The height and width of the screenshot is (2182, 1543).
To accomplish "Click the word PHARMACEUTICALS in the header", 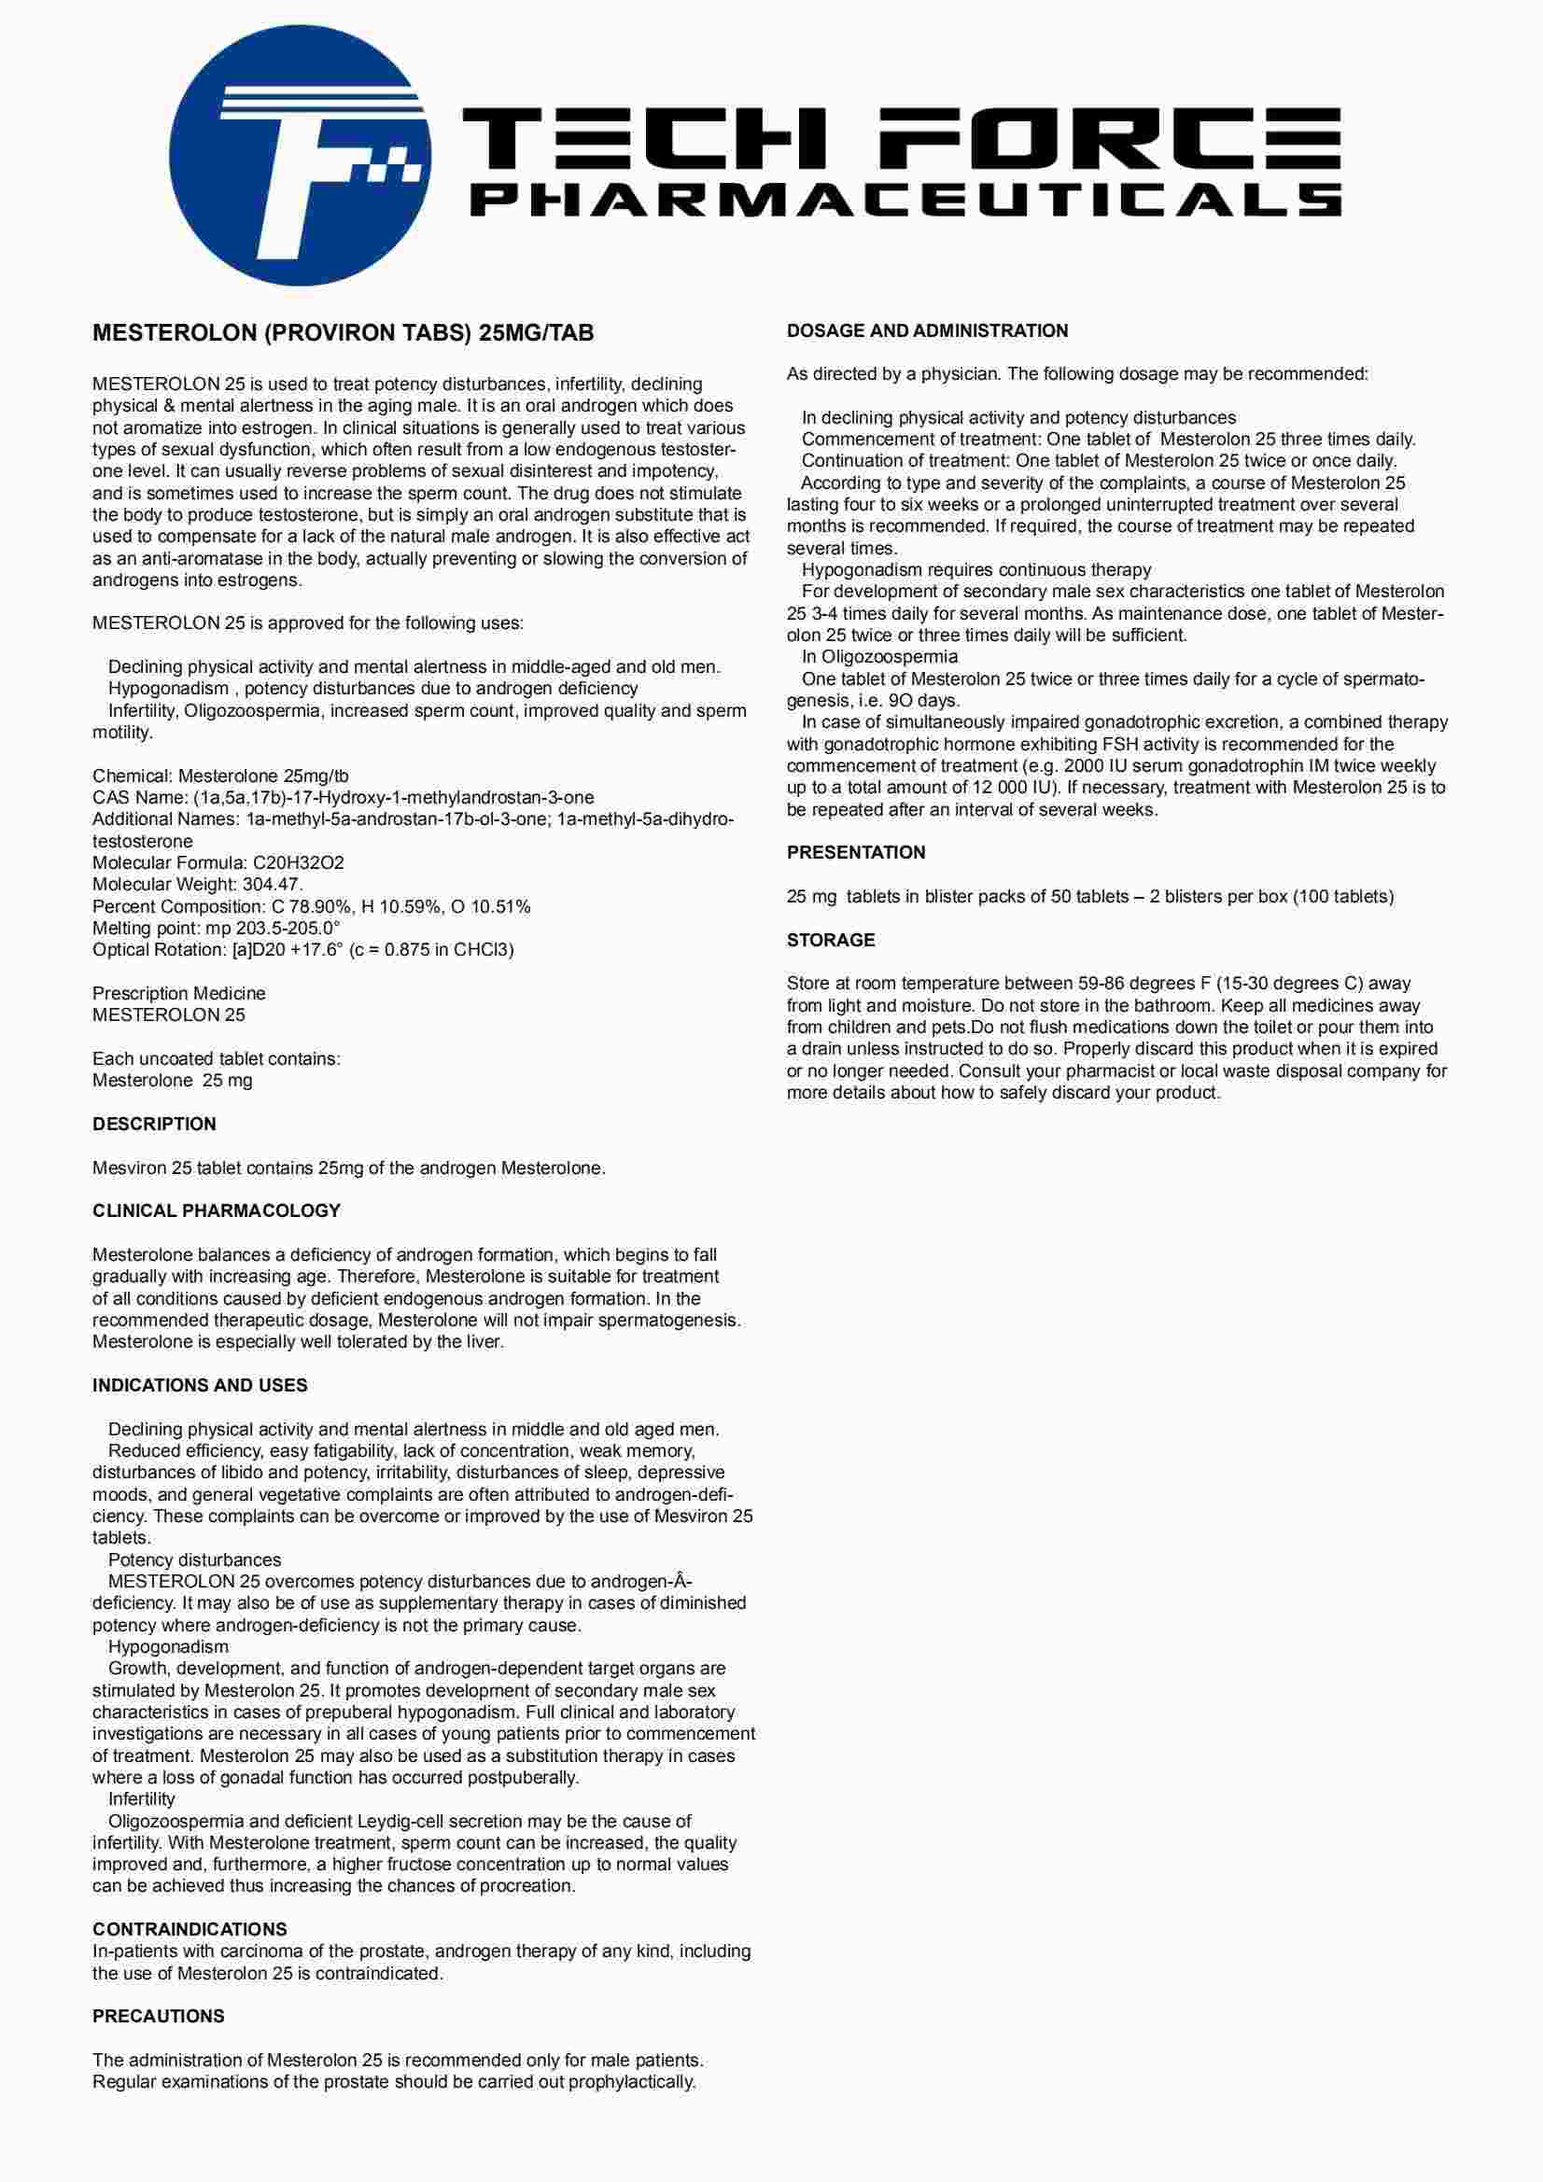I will click(905, 200).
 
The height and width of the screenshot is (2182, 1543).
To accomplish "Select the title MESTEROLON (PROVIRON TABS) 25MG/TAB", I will click(344, 332).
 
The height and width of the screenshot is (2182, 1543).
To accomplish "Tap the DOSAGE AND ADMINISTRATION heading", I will click(927, 330).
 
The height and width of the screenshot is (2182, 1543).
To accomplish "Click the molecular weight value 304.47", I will click(272, 885).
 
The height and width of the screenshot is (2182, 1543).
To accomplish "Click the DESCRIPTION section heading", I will click(154, 1125).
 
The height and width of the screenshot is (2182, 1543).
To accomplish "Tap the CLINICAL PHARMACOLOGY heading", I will click(216, 1210).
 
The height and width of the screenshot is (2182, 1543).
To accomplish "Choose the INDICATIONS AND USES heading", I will click(200, 1386).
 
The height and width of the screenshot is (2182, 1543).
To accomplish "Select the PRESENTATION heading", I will click(856, 852).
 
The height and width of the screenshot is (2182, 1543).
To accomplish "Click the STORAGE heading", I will click(830, 940).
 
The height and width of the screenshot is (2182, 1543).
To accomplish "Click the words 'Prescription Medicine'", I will click(178, 993).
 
